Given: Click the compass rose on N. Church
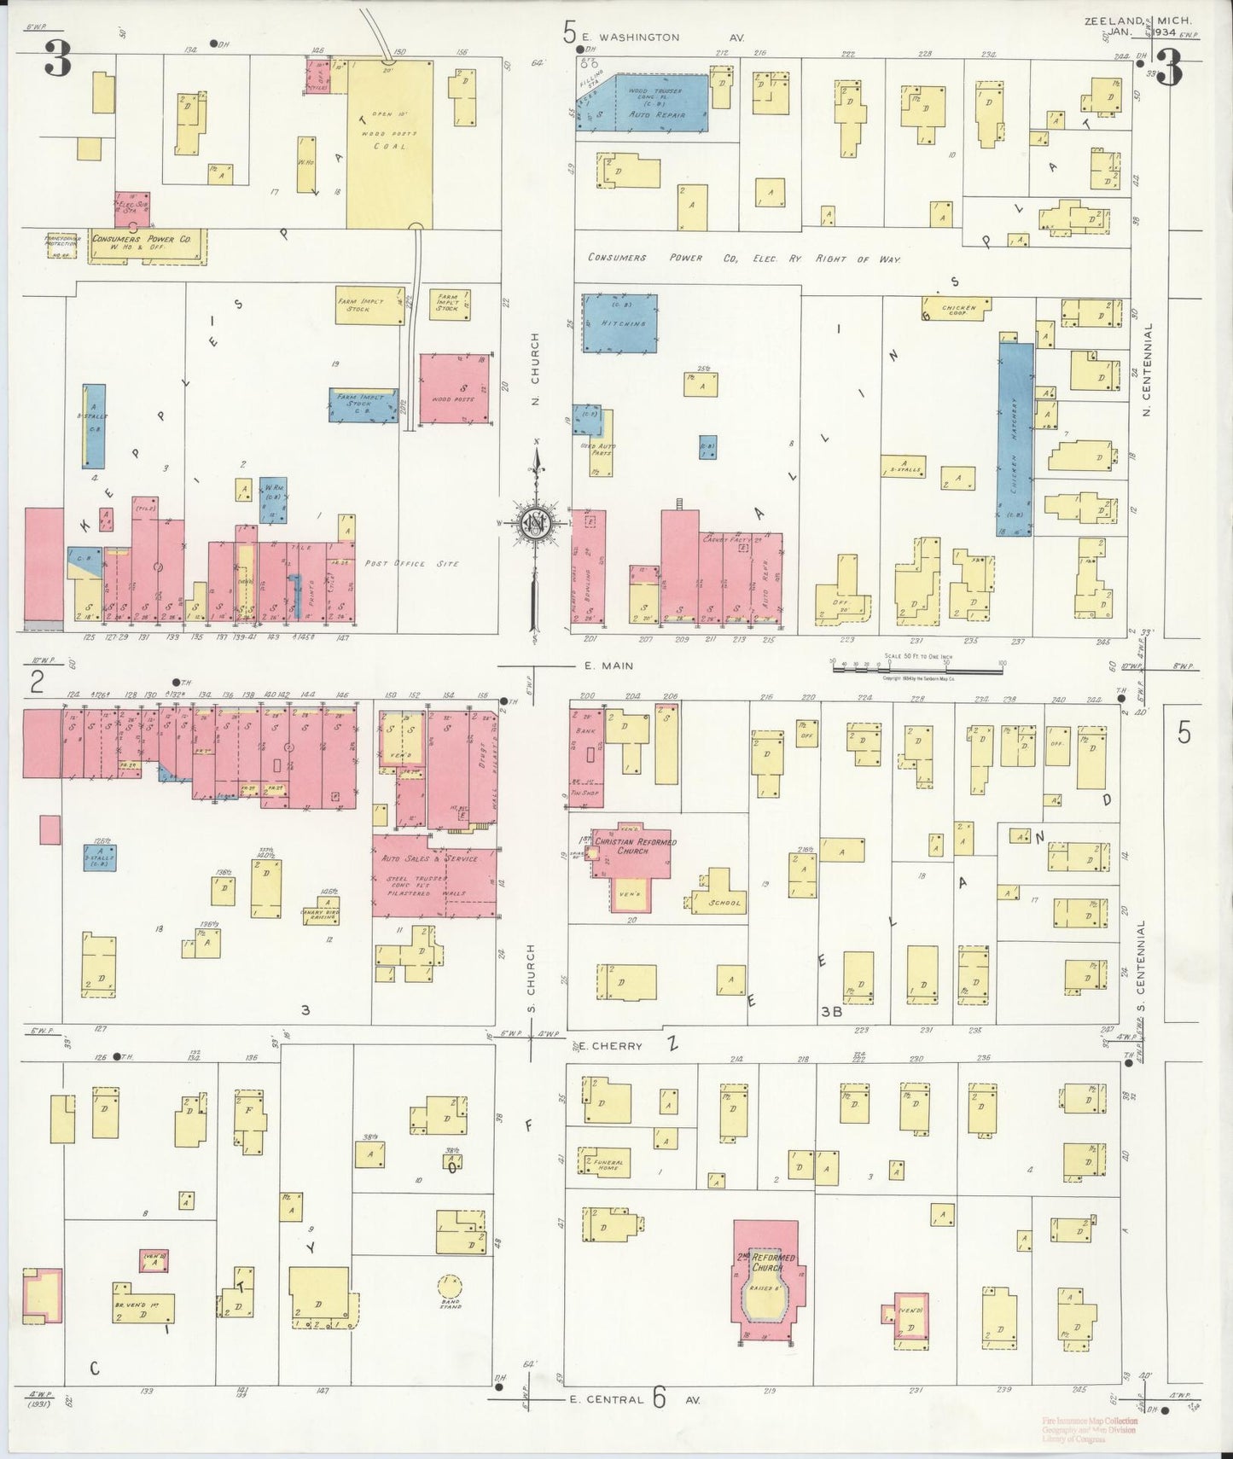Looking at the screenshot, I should (536, 523).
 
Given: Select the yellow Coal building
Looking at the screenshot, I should (389, 143).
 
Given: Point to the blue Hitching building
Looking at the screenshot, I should (620, 323).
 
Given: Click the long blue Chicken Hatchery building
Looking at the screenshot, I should (1015, 438).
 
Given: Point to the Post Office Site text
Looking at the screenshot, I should (412, 564).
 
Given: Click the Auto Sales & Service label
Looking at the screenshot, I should (429, 858).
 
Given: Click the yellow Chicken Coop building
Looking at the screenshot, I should (957, 309).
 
